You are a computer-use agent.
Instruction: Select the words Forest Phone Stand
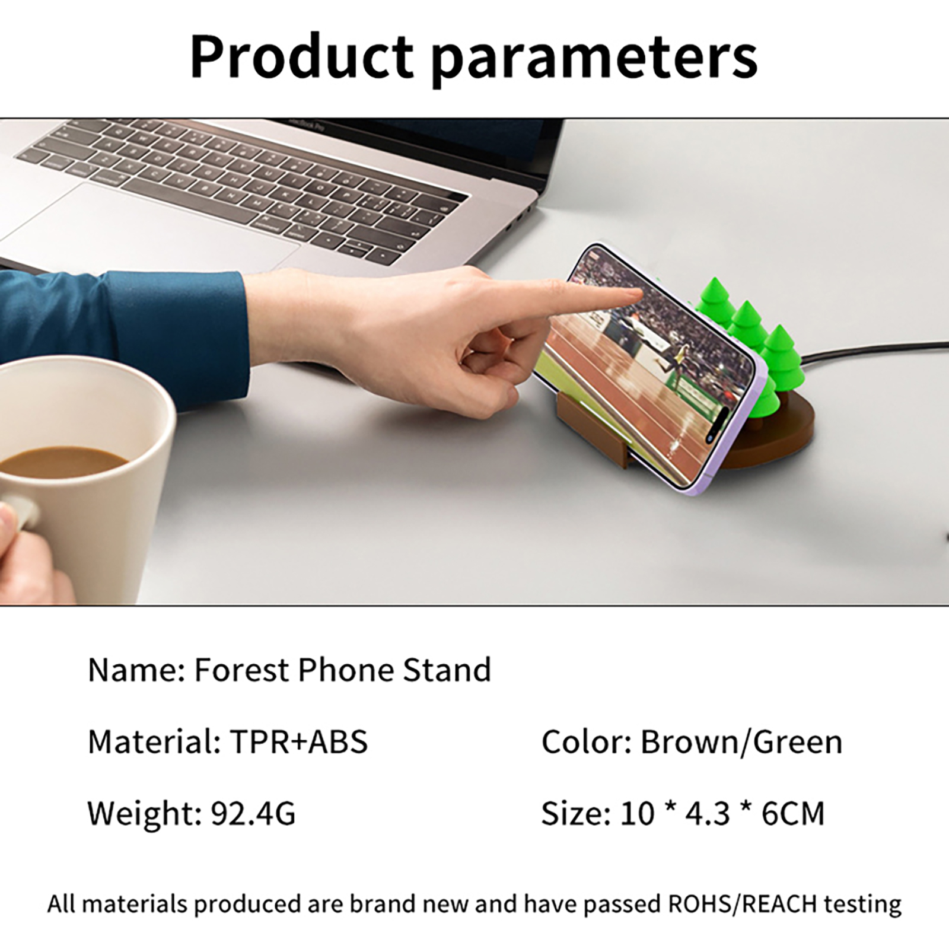[x=342, y=670]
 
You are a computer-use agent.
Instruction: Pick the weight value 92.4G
[x=253, y=814]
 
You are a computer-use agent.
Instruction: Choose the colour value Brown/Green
[x=741, y=742]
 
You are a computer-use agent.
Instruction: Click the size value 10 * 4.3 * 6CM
[x=722, y=814]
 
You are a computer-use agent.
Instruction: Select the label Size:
[x=575, y=814]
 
